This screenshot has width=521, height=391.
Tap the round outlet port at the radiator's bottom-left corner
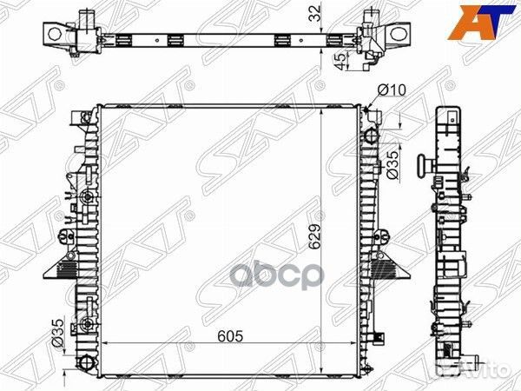[x=84, y=361]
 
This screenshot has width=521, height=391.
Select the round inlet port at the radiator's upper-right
[x=373, y=136]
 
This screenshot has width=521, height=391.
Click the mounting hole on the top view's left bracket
[x=55, y=34]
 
